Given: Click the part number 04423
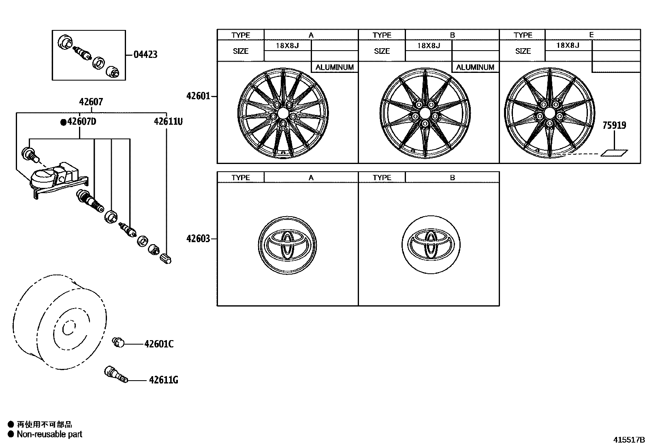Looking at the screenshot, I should (145, 55).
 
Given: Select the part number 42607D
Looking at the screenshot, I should (81, 121).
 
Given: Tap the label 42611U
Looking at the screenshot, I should (168, 121).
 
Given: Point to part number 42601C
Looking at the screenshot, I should (159, 344).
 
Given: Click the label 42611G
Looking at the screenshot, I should (163, 380).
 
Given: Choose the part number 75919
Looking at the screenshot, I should (614, 126).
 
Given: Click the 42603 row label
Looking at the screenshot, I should (198, 238).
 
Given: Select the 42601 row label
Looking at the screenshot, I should (198, 96).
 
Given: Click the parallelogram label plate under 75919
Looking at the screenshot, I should (614, 153).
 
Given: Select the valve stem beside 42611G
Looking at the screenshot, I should (116, 374).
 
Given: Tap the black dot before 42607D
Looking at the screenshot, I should (63, 122).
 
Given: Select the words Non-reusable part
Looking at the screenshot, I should (49, 434).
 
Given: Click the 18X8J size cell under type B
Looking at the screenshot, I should (428, 45).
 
